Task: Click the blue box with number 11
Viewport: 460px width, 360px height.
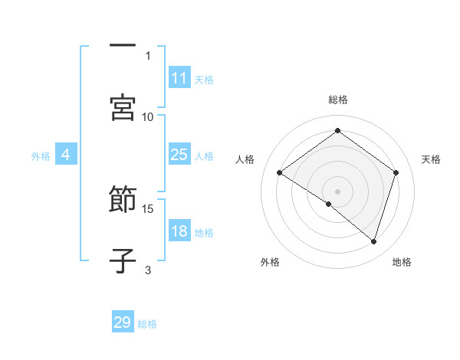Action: (179, 78)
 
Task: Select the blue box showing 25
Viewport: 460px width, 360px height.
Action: (179, 155)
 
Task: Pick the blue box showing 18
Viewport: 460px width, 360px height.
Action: (179, 231)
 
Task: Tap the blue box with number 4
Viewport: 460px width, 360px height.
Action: (66, 155)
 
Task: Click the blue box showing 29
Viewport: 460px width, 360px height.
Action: (123, 322)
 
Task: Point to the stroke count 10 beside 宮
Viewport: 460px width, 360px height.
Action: (148, 116)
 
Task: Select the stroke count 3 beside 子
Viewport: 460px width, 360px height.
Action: (148, 269)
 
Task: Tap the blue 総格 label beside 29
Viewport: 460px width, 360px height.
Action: (147, 324)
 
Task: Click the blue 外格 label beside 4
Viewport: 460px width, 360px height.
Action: (41, 156)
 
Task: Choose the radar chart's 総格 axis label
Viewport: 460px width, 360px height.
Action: (337, 100)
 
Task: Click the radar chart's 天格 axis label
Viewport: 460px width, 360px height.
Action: (431, 159)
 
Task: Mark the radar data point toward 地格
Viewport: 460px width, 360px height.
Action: (373, 241)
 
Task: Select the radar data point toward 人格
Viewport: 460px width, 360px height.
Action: (280, 172)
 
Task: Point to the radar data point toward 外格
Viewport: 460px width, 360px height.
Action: (329, 204)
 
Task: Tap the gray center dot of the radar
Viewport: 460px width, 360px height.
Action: (337, 191)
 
